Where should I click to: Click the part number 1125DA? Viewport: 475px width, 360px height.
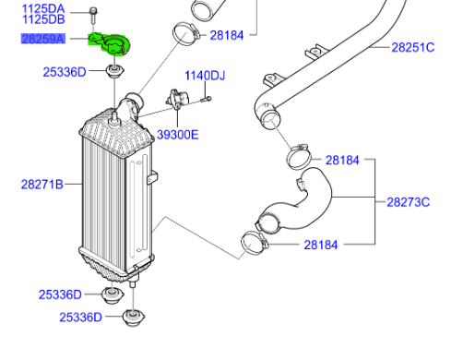tap(44, 7)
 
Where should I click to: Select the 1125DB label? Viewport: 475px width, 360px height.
tap(44, 18)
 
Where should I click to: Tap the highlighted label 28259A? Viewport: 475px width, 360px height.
tap(44, 39)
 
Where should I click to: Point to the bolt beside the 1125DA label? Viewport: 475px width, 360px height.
tap(94, 14)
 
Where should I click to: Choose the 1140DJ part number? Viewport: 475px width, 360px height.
tap(205, 75)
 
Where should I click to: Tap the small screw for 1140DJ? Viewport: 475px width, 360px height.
tap(208, 98)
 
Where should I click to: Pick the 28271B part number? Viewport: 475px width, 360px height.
tap(42, 185)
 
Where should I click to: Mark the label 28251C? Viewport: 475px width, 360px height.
tap(412, 47)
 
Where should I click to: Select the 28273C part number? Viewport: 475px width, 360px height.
tap(408, 201)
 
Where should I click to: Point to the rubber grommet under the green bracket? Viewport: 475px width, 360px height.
tap(115, 71)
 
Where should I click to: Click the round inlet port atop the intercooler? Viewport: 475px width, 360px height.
tap(131, 101)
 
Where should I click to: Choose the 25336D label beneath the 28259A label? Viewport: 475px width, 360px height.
tap(65, 71)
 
